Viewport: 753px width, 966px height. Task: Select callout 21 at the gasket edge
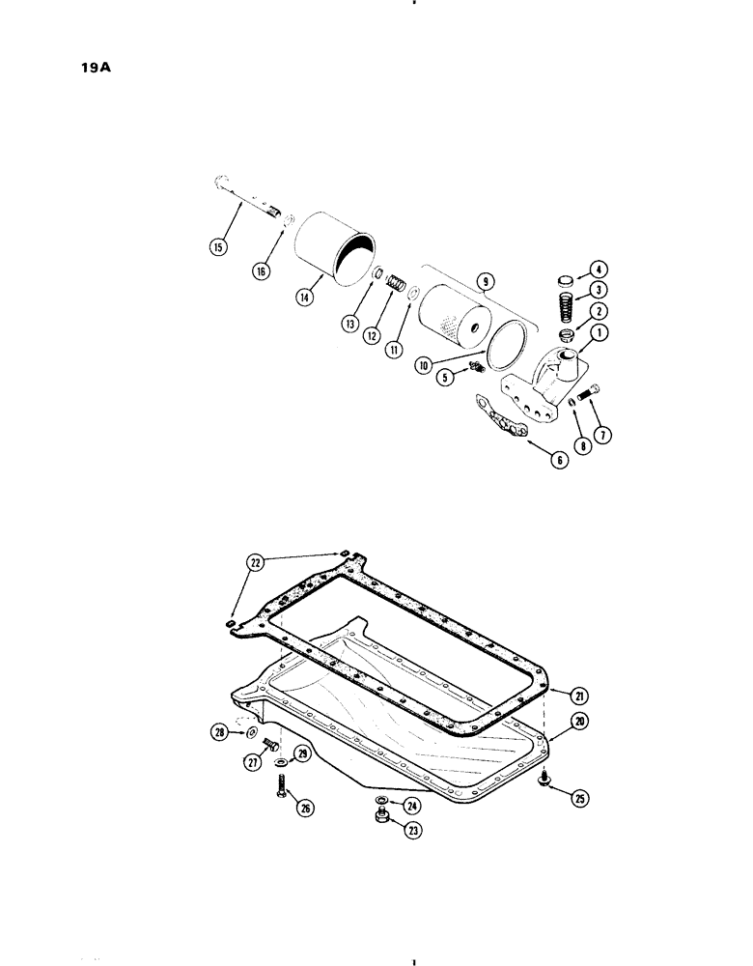pyautogui.click(x=578, y=696)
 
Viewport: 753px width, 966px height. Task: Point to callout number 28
pyautogui.click(x=222, y=733)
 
